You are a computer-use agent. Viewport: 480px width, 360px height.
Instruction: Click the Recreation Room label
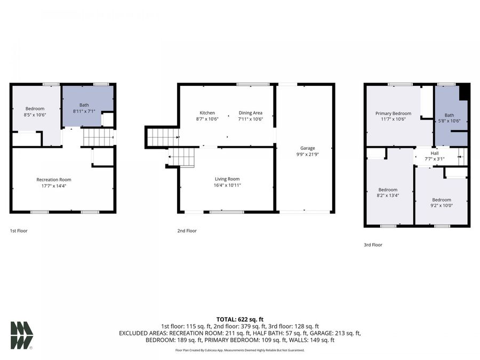[54, 180]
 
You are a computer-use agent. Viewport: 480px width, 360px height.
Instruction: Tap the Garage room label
[307, 148]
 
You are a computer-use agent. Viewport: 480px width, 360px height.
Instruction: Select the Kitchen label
[207, 113]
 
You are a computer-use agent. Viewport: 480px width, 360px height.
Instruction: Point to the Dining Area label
[250, 113]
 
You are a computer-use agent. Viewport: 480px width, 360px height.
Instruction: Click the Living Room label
[227, 179]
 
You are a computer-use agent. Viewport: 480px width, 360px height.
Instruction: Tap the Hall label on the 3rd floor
[434, 153]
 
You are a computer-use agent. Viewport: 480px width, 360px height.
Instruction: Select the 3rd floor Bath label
[450, 115]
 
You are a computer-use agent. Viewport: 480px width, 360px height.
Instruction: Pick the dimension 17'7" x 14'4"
[54, 186]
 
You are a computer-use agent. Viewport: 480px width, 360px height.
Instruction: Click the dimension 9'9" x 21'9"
[307, 155]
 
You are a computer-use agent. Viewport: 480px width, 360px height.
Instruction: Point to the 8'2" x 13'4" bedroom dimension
[388, 196]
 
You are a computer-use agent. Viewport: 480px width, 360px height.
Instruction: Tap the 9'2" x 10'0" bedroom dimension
[442, 206]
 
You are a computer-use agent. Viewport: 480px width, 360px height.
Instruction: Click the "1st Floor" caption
[19, 231]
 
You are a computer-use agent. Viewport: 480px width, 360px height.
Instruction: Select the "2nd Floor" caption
[187, 231]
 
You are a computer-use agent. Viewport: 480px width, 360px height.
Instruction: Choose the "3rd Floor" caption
[373, 245]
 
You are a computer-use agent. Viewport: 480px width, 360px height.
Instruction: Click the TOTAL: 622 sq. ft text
[239, 319]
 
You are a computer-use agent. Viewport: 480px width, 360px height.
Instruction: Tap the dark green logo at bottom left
[21, 335]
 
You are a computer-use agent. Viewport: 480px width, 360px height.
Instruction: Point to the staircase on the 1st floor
[98, 138]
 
